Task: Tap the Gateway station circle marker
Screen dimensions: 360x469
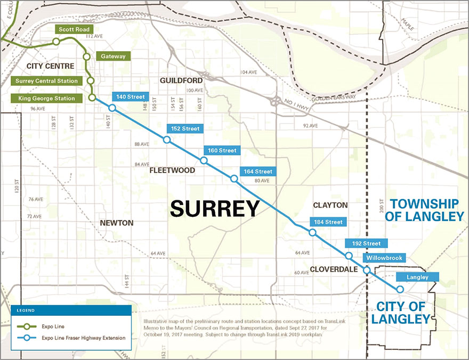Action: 86,56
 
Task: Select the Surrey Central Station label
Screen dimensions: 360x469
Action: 47,81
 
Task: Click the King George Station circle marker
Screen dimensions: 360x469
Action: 92,98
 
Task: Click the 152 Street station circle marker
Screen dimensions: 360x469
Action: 167,140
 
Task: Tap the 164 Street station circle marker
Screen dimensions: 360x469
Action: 233,179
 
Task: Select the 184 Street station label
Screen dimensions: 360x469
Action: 328,222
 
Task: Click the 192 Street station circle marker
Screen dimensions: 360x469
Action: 349,256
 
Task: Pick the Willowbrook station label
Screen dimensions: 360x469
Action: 383,258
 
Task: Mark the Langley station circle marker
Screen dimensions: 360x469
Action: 400,289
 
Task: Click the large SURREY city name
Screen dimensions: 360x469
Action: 215,208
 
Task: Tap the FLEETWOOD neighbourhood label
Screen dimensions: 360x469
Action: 172,170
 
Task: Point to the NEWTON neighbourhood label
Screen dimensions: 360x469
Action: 116,223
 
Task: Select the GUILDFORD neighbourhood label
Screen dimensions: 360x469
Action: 181,80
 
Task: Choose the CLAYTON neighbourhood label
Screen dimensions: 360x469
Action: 330,204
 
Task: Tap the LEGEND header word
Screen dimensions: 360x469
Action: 25,310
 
